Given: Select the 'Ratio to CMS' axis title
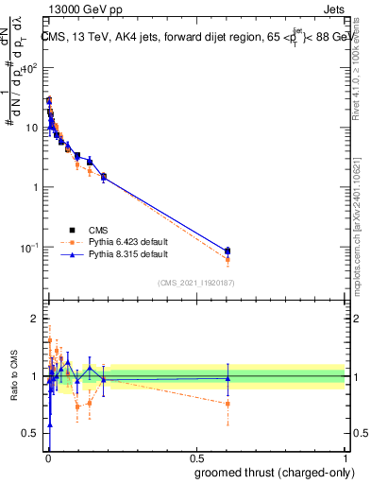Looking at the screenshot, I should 13,375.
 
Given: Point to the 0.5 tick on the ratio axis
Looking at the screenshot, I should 31,434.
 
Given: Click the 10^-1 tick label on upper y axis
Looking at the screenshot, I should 30,248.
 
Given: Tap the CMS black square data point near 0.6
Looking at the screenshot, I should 228,251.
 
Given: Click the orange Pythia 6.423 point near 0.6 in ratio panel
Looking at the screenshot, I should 228,404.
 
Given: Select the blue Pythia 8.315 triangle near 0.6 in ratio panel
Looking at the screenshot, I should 228,378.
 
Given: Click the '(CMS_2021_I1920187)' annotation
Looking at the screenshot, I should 195,282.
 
